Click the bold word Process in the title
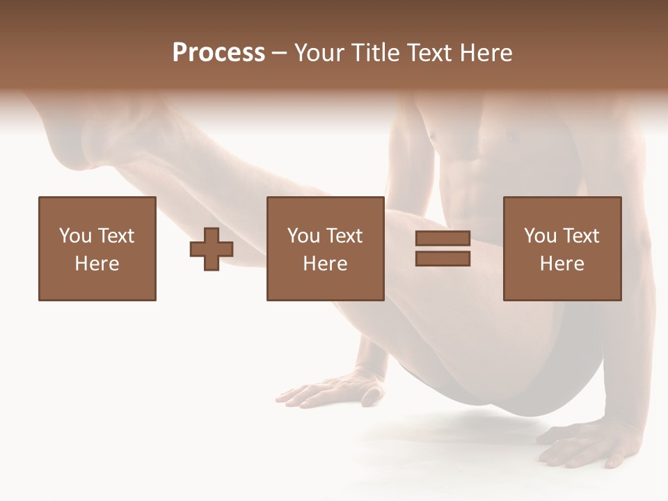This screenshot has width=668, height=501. pos(218,53)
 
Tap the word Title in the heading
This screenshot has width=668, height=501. pos(376,53)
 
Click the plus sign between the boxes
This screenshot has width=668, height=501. pos(212,249)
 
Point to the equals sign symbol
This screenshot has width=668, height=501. pos(443,249)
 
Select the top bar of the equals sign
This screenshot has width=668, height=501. pos(443,239)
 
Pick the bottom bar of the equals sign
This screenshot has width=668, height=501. pos(443,259)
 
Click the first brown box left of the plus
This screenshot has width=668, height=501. pos(97,248)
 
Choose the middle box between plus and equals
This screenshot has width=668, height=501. pos(326,248)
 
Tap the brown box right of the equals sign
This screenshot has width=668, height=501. pos(562,248)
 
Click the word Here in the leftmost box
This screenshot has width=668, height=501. pos(97,264)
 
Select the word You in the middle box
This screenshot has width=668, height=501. pos(303,236)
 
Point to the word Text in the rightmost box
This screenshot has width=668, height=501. pos(582,236)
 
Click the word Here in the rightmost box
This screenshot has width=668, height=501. pos(562,264)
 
